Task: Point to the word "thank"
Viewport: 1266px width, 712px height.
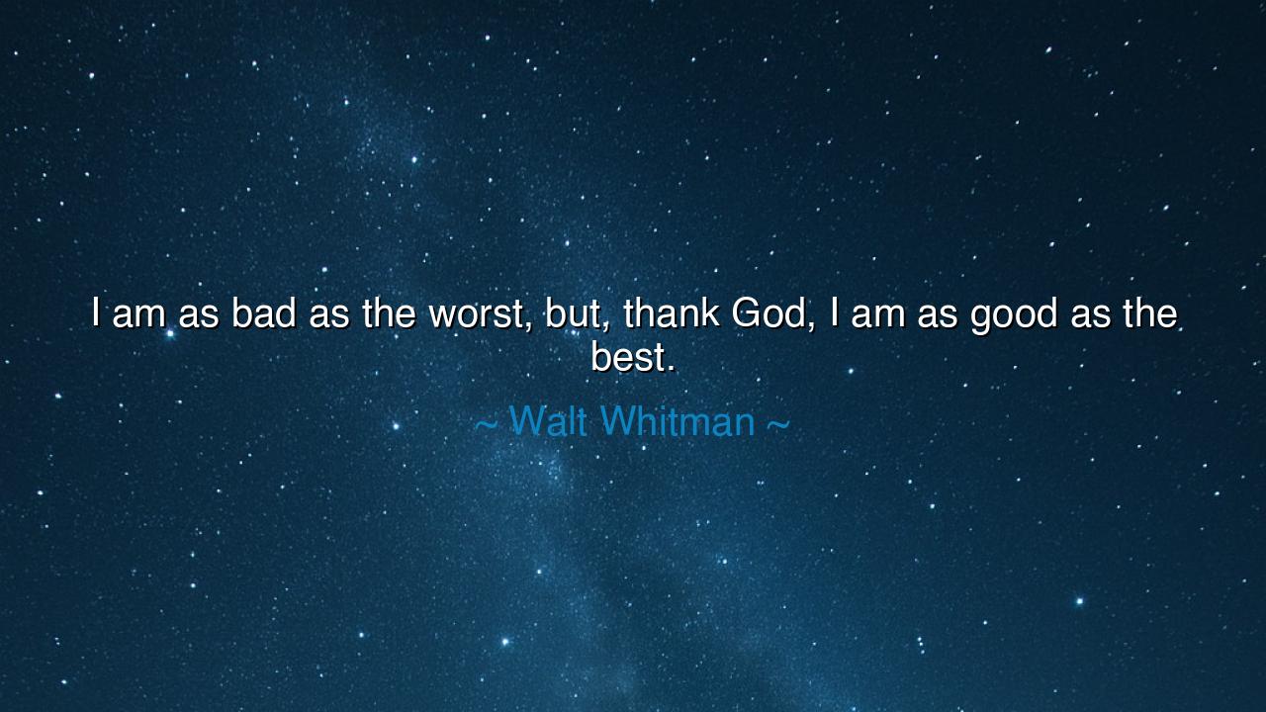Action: point(671,313)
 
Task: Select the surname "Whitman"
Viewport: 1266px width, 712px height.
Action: point(678,421)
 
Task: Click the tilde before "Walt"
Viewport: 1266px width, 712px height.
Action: point(487,423)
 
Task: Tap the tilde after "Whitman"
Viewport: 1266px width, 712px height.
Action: point(778,423)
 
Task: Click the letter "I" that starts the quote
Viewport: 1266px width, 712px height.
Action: point(96,313)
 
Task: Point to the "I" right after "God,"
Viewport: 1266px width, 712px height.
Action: point(835,313)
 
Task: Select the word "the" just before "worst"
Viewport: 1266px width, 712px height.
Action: point(389,313)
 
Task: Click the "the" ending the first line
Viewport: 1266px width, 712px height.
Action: point(1149,313)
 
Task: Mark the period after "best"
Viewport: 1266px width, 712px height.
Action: point(671,369)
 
